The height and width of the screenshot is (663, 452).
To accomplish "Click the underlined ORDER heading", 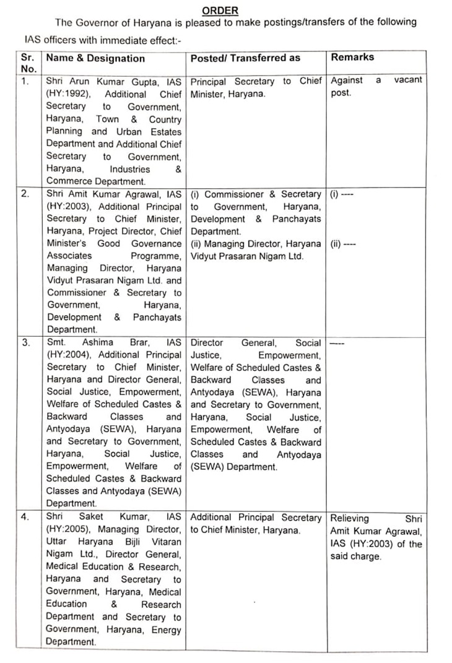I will pyautogui.click(x=220, y=11).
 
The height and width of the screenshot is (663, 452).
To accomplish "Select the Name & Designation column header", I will pyautogui.click(x=95, y=58).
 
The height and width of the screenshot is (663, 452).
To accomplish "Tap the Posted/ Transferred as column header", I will pyautogui.click(x=245, y=58).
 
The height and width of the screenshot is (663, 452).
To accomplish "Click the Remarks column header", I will pyautogui.click(x=352, y=57).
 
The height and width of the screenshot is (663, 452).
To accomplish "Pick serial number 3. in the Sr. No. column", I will pyautogui.click(x=25, y=343).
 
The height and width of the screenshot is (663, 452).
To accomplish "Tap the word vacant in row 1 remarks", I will pyautogui.click(x=408, y=80).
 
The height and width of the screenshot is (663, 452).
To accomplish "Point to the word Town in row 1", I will pyautogui.click(x=107, y=119).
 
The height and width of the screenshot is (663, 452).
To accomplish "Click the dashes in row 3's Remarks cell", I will pyautogui.click(x=337, y=342).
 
